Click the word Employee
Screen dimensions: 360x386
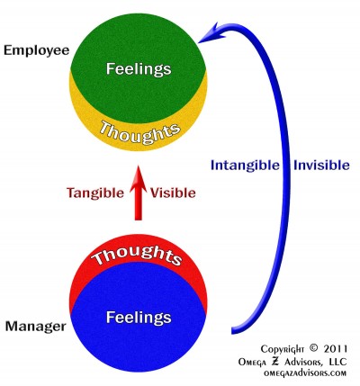click(36, 51)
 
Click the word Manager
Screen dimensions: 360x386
click(36, 326)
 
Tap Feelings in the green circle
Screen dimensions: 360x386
click(139, 68)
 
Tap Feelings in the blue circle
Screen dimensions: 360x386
click(139, 317)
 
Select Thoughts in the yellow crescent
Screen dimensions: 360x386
click(139, 132)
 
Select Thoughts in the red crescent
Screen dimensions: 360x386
click(137, 256)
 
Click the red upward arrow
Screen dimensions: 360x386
click(138, 193)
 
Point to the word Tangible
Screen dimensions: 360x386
click(95, 193)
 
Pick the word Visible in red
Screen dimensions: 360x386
click(173, 193)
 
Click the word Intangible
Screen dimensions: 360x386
click(245, 166)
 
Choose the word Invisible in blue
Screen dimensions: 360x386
click(321, 166)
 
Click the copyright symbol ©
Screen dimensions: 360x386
click(313, 348)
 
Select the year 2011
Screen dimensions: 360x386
click(336, 348)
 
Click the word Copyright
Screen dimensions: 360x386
click(283, 349)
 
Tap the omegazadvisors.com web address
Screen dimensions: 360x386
click(305, 373)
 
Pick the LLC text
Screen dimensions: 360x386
click(338, 362)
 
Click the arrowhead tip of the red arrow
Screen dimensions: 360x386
click(138, 166)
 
